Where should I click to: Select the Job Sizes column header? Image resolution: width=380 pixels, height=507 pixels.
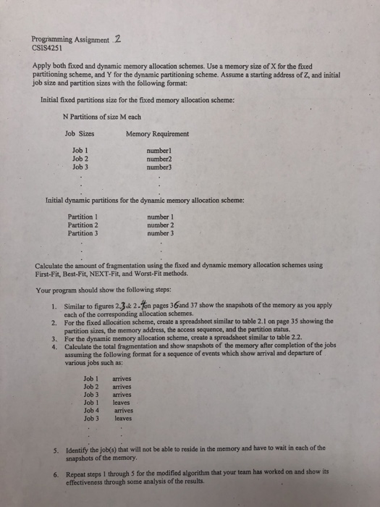[x=80, y=134]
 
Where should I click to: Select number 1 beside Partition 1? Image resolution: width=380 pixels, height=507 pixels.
[x=159, y=217]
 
